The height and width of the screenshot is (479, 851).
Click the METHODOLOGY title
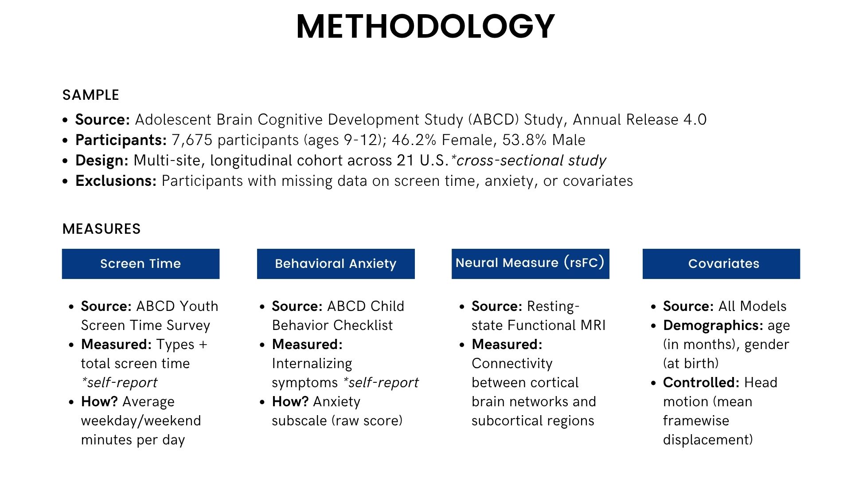point(425,27)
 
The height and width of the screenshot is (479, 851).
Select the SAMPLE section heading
point(91,95)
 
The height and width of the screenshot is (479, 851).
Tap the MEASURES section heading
point(101,229)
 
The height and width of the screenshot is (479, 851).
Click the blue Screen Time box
point(141,264)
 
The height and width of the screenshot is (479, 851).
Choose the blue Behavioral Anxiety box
point(336,264)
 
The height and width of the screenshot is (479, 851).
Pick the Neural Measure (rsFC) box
point(530,263)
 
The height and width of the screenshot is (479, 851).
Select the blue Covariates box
point(721,264)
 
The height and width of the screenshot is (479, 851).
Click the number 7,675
point(192,140)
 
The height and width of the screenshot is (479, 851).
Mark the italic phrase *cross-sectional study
point(529,161)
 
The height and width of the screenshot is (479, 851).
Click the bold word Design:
point(102,161)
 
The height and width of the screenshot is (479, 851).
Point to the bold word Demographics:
point(713,326)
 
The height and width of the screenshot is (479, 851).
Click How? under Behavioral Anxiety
point(290,402)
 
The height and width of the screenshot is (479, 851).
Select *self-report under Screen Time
point(119,383)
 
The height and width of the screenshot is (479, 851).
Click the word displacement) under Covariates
point(708,440)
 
